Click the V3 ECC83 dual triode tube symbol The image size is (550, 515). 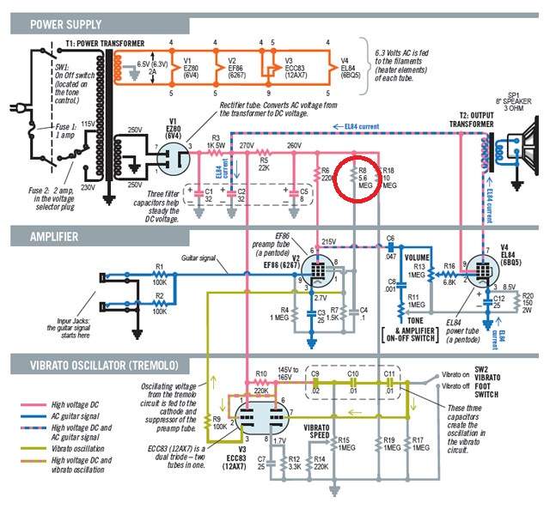[x=257, y=417]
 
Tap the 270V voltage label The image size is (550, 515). [x=246, y=145]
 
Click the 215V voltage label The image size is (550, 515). [x=328, y=243]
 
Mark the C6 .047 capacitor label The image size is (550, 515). [x=390, y=245]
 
